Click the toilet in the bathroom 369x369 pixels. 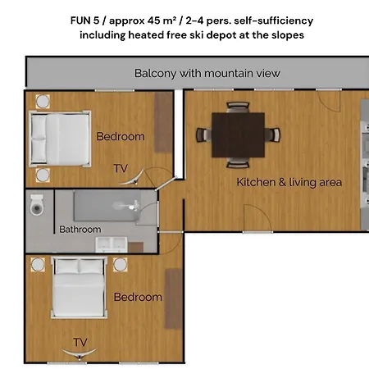(37, 205)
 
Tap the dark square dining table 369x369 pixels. (238, 134)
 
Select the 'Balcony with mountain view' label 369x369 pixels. (207, 73)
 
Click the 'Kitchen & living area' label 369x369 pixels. (289, 182)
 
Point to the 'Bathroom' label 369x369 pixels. (80, 230)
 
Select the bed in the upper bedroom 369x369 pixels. (60, 139)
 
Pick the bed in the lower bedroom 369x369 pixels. (79, 288)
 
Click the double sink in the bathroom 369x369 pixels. (112, 244)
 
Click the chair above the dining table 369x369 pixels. (238, 107)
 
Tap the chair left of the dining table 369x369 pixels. (203, 135)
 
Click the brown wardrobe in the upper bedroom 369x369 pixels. (163, 122)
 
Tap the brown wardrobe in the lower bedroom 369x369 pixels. (174, 298)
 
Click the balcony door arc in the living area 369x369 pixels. (331, 106)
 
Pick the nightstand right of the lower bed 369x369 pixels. (121, 265)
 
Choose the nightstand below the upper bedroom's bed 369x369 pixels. (43, 175)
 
